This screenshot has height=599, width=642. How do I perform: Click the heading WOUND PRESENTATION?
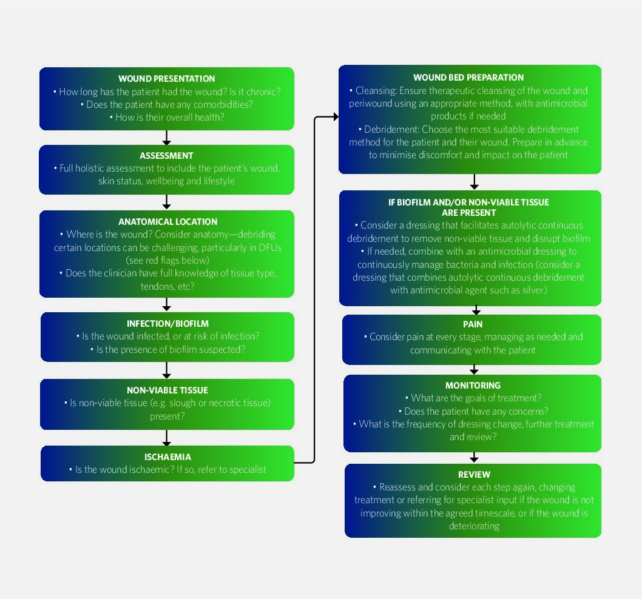point(167,79)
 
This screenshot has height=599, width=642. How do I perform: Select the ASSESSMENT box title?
point(166,155)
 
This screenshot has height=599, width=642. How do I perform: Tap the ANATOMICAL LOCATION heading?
point(168,222)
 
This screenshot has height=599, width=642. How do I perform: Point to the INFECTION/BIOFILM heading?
point(167,324)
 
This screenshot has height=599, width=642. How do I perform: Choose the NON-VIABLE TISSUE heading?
point(167,390)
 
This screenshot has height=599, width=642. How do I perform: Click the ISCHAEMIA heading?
point(167,457)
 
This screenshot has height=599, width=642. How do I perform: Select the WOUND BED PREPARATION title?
point(468,78)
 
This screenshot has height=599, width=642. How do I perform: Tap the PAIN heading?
point(473,324)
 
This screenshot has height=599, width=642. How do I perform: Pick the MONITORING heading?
point(473,386)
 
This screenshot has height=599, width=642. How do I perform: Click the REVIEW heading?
point(474,475)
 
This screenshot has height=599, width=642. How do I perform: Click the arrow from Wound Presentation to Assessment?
point(166,138)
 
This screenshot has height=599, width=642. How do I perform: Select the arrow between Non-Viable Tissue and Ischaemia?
point(166,438)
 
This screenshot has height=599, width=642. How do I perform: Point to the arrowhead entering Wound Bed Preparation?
point(336,117)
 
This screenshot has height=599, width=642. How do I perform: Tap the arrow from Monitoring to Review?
point(474,457)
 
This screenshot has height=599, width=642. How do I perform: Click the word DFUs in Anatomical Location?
point(270,247)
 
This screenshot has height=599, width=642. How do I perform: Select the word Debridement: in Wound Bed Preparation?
point(392,129)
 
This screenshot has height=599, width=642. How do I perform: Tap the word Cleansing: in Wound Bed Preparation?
point(376,90)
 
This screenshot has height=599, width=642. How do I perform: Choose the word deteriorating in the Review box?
point(474,526)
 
